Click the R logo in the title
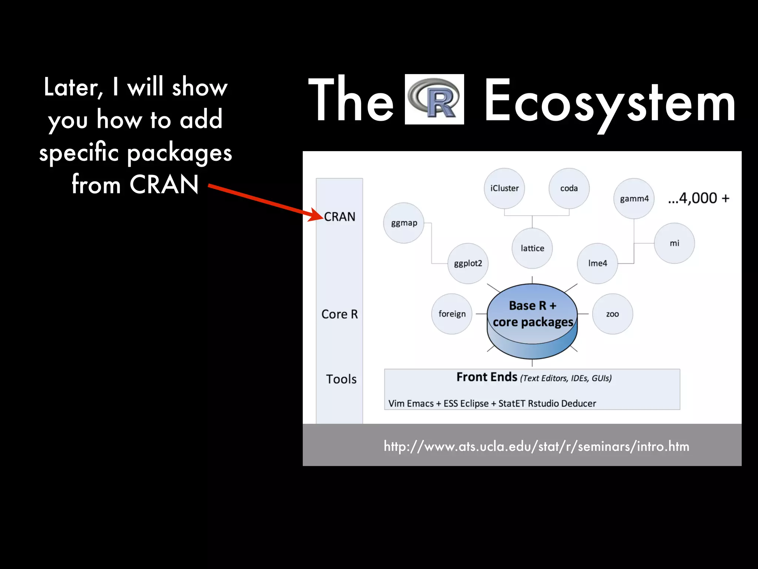pos(434,99)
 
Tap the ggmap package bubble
pos(403,223)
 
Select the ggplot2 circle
pos(468,263)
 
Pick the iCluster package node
pos(504,188)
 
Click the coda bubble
pos(569,188)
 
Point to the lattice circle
pos(532,248)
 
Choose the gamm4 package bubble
pos(634,199)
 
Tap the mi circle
pos(674,243)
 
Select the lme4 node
pos(597,263)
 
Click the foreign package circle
pos(452,314)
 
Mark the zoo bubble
pos(613,314)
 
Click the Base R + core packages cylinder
pos(532,319)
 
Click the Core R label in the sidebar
pos(339,314)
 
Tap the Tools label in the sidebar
pos(341,379)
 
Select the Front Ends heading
pos(487,377)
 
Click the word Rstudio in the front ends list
pos(543,403)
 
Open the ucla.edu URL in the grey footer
pos(536,446)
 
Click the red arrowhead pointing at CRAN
pos(316,215)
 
